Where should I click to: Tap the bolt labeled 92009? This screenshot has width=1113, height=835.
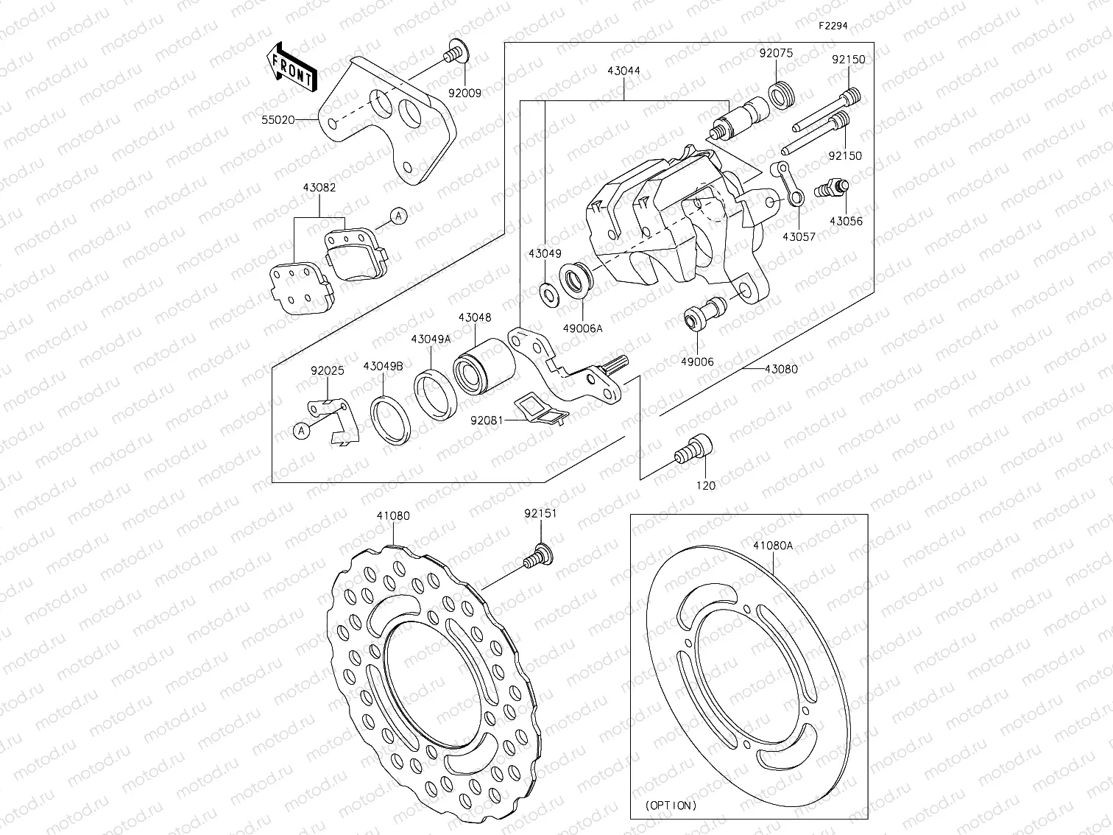click(454, 53)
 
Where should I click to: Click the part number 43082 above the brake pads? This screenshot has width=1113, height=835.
click(319, 188)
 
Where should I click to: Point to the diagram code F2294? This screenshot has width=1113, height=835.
click(833, 25)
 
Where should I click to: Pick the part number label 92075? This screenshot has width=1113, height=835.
click(777, 54)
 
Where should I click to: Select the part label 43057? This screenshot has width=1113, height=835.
click(799, 236)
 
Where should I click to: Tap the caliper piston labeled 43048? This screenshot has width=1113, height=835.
click(482, 365)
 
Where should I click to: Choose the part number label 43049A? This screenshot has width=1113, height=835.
click(431, 339)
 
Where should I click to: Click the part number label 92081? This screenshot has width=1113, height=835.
click(487, 420)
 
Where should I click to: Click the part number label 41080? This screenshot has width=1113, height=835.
click(393, 516)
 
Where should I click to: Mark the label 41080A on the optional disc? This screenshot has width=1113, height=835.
click(772, 546)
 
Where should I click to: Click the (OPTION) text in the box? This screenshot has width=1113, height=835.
click(670, 806)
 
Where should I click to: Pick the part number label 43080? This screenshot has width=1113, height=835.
click(781, 369)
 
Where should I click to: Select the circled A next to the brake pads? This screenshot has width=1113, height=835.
click(398, 216)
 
